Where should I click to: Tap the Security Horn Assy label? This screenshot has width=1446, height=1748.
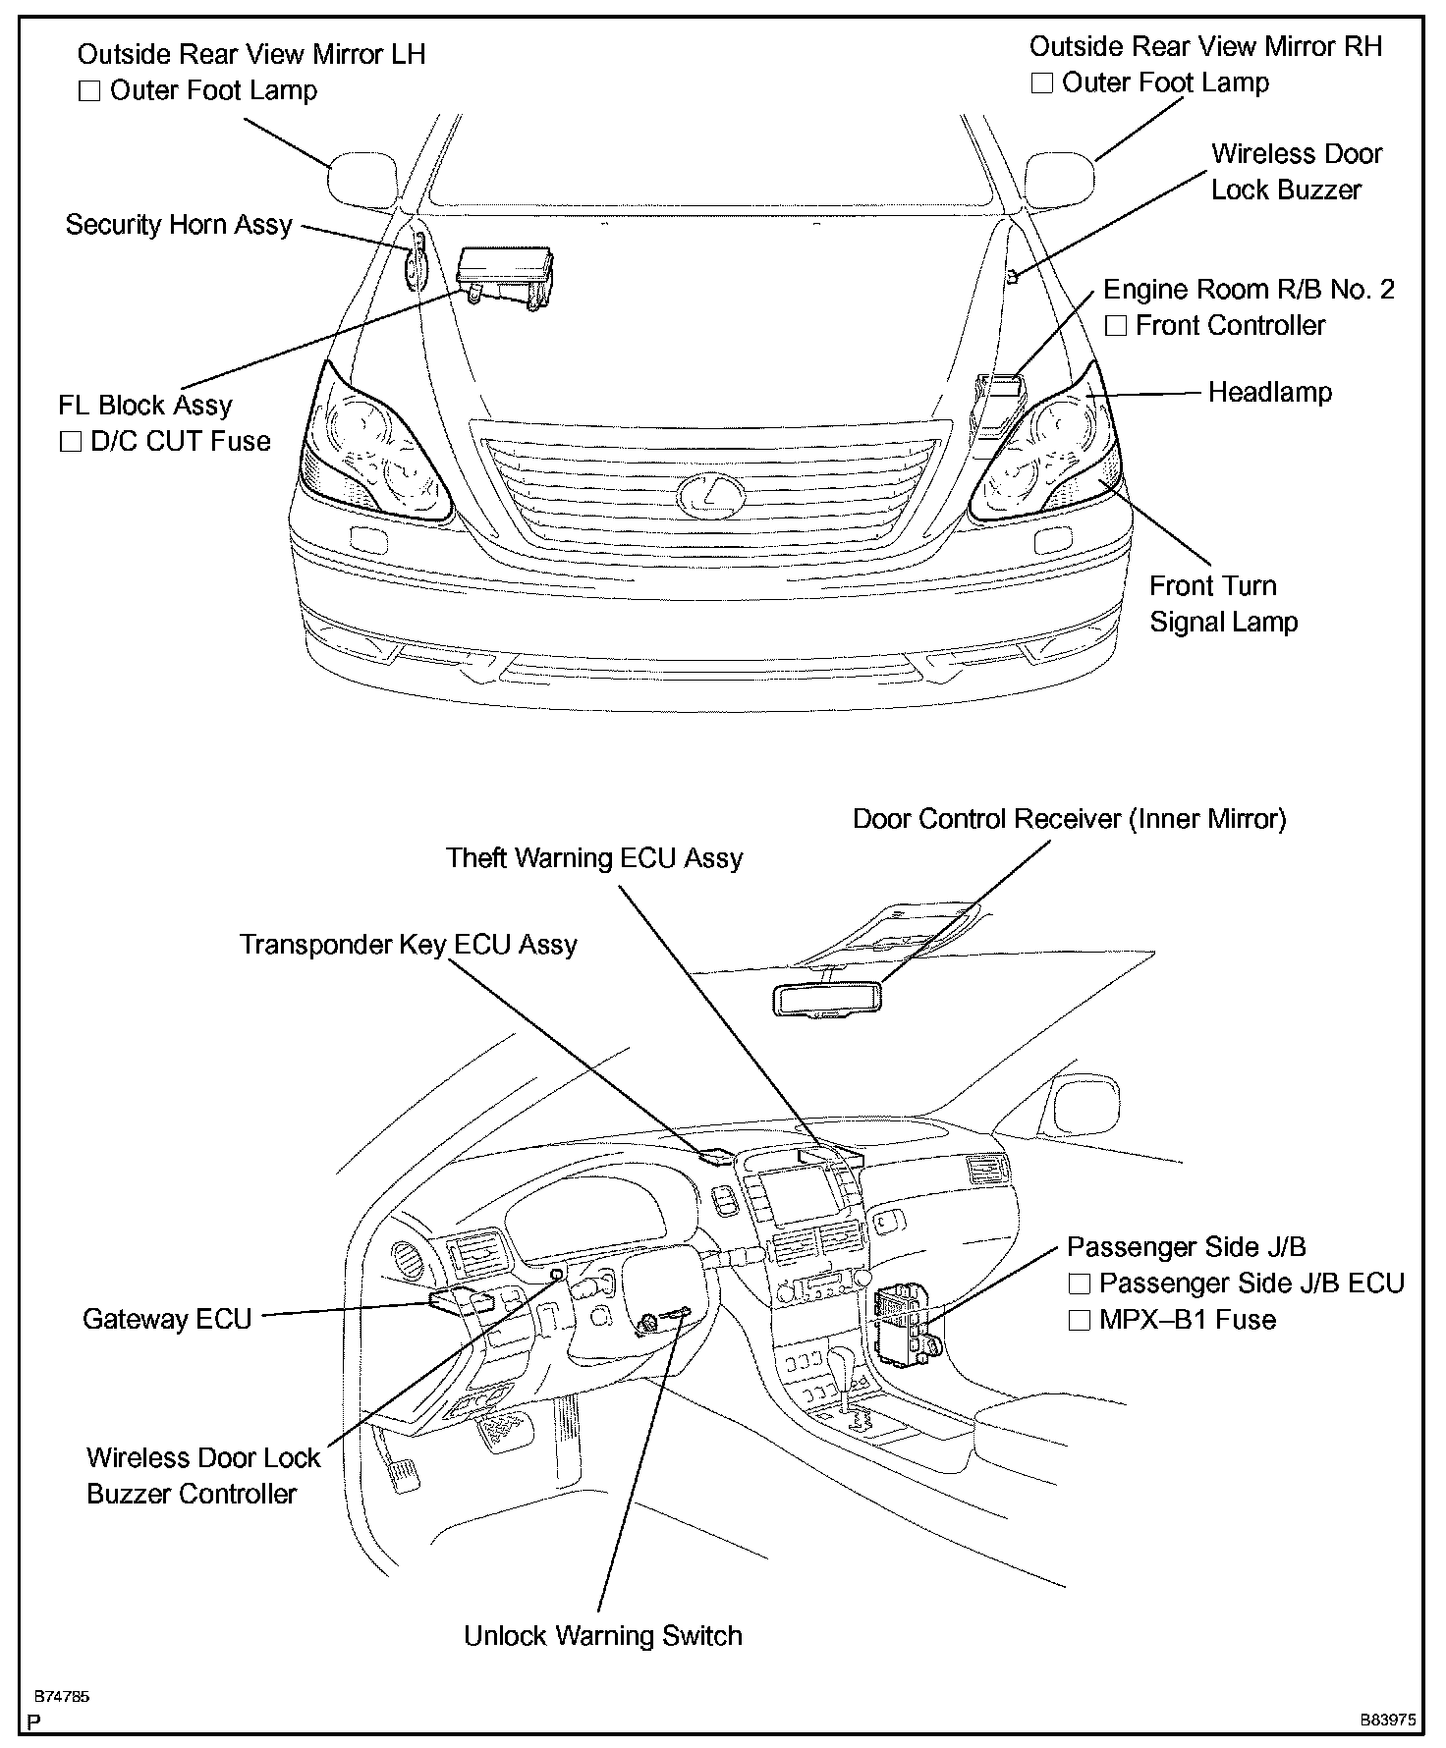(x=179, y=225)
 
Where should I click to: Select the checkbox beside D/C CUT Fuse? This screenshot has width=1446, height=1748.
(x=70, y=442)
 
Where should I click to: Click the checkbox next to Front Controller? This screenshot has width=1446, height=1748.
(x=1115, y=326)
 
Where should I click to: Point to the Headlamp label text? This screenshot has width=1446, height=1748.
(x=1269, y=393)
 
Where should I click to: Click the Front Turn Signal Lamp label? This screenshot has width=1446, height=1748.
(x=1223, y=604)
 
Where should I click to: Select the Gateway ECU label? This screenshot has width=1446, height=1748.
(x=167, y=1318)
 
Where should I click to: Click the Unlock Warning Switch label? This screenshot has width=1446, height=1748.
(x=602, y=1636)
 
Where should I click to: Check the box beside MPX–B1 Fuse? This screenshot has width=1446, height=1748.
(x=1079, y=1320)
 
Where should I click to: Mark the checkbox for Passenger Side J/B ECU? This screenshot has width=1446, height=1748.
(x=1079, y=1284)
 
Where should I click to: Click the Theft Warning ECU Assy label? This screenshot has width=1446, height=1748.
(x=594, y=858)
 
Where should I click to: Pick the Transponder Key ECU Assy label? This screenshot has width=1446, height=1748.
(x=409, y=945)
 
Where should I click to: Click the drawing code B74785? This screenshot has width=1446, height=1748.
(x=62, y=1696)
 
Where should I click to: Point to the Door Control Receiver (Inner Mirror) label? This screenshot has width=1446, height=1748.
(x=1069, y=819)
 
